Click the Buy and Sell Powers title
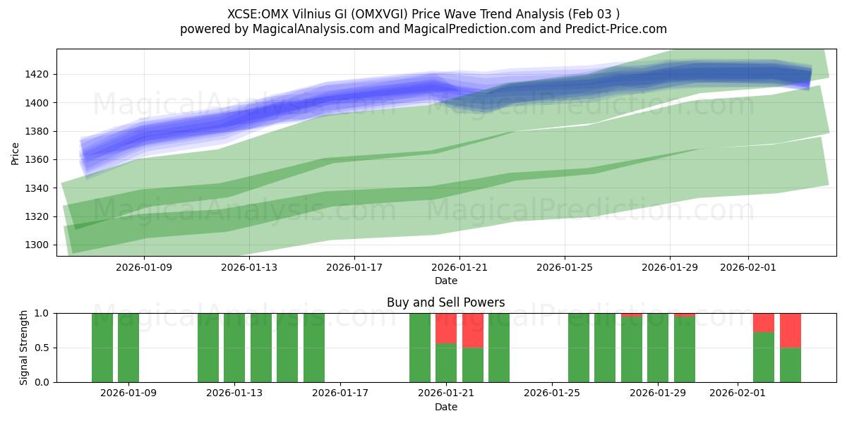[445, 302]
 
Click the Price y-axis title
[16, 152]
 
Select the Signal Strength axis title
[23, 348]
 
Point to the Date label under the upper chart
[445, 281]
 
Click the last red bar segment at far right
[790, 330]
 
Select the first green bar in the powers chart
[102, 348]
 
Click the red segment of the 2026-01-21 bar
[446, 328]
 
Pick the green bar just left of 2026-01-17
[314, 348]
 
